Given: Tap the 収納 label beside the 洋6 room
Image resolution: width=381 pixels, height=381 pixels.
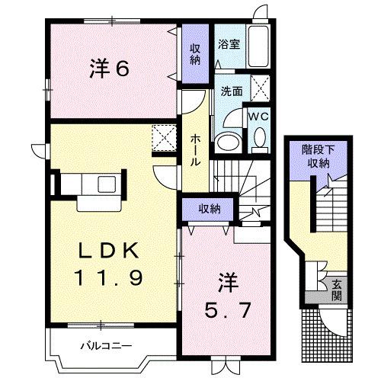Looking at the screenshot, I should point(196,54).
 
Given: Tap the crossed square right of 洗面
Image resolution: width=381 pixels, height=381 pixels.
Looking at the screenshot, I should point(259,88).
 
